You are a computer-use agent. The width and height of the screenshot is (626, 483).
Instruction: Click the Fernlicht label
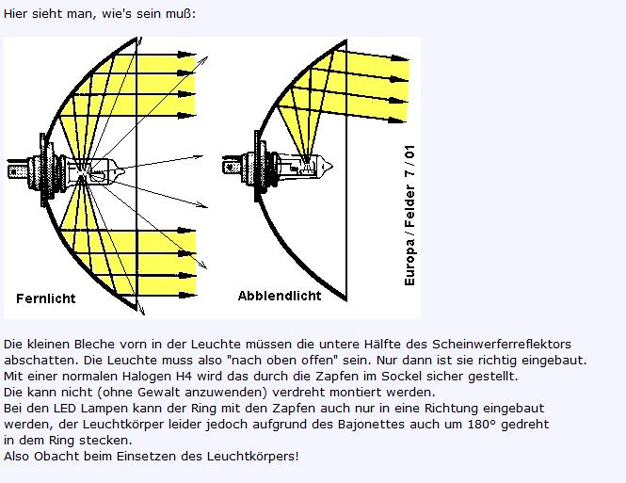point(46,298)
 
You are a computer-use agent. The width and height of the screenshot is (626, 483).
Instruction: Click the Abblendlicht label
point(280,296)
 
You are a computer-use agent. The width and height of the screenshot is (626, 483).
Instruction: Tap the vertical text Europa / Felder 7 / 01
point(409,216)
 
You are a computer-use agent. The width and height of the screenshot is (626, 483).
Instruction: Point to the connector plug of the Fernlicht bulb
point(18,171)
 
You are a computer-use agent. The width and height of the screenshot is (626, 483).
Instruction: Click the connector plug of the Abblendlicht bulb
point(232,166)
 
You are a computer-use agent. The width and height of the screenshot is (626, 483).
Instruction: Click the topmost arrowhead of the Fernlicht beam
point(186,55)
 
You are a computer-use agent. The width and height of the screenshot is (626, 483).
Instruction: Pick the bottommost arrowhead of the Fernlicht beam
point(187,296)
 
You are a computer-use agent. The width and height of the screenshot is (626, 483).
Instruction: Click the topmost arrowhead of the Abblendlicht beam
point(399,58)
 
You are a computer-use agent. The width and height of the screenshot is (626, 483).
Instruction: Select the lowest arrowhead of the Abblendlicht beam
point(397,119)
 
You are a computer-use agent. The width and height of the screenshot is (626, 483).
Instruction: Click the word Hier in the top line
point(16,13)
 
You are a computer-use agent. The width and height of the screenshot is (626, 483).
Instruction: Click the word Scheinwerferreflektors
point(502,344)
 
